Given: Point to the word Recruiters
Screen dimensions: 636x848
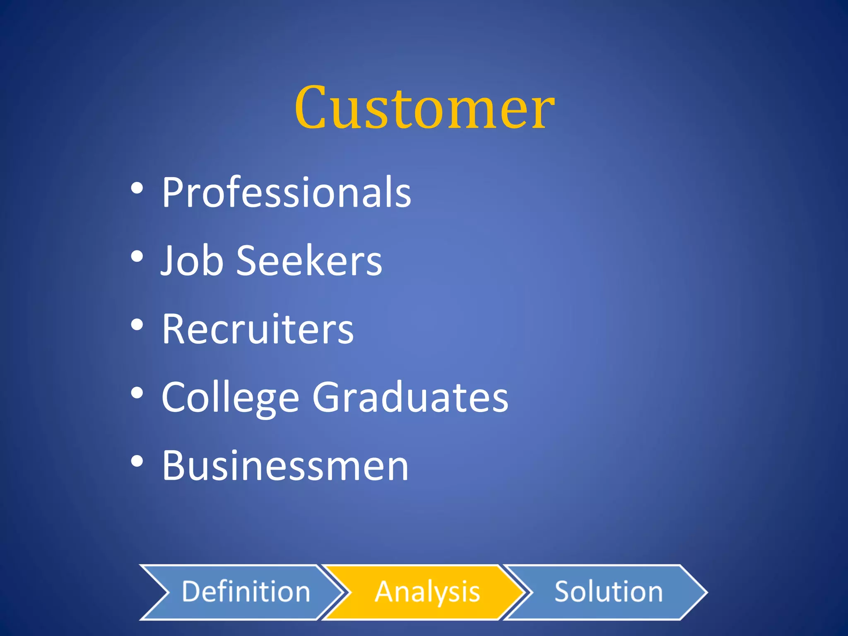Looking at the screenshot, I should click(x=258, y=329).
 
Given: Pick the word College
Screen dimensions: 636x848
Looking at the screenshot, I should click(x=230, y=397).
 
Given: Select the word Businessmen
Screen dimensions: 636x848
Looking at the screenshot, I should click(x=285, y=465).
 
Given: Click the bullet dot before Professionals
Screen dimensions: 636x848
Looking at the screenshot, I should click(x=137, y=189).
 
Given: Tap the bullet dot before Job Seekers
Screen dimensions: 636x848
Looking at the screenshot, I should click(x=137, y=257).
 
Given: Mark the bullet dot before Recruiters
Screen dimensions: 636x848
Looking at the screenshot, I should click(x=137, y=325).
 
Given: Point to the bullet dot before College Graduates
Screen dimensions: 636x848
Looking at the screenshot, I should click(x=137, y=394).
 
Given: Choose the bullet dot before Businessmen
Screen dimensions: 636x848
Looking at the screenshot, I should click(x=137, y=462).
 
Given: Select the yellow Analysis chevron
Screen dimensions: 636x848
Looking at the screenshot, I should click(x=426, y=592).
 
